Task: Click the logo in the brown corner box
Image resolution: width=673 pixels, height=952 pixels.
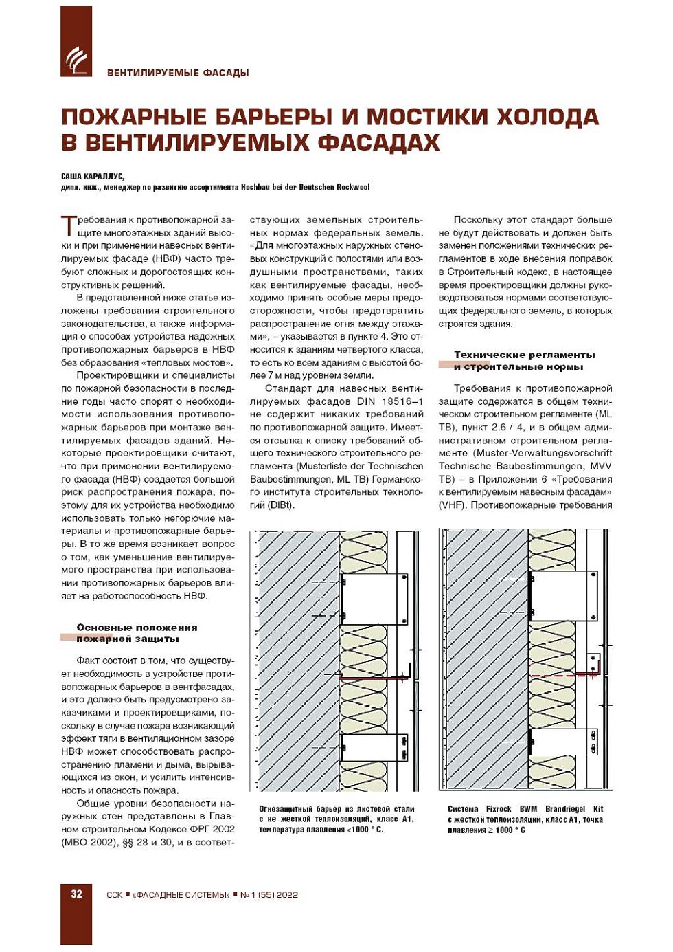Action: tap(76, 60)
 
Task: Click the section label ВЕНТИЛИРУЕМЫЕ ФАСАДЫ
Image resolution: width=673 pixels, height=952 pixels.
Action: tap(178, 73)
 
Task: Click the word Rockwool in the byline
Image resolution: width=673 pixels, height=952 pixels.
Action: tap(353, 187)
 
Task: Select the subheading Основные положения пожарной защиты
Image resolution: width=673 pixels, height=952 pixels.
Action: tap(137, 633)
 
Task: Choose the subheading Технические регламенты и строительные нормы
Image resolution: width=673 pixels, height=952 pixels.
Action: tap(524, 360)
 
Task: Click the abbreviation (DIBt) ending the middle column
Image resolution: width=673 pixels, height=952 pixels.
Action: tap(281, 505)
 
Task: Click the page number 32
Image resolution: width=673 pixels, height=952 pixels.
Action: tap(76, 894)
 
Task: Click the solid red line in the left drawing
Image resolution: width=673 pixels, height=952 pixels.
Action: tap(374, 678)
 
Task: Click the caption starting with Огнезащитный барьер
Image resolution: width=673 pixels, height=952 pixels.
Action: tap(336, 819)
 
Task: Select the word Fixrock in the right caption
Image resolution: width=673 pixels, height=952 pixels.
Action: tap(499, 809)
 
